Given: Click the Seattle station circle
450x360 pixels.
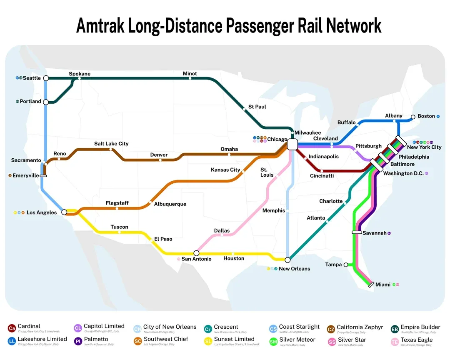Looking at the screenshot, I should (x=46, y=78).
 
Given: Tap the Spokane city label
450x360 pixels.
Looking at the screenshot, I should (x=80, y=74).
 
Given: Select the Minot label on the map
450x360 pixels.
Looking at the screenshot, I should (x=190, y=73).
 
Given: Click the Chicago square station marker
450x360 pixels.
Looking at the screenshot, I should (x=292, y=144).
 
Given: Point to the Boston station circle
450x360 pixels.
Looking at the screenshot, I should (x=413, y=117).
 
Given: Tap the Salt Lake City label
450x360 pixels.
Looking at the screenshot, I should (x=111, y=143).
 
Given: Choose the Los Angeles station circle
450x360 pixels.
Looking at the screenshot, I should (x=64, y=212).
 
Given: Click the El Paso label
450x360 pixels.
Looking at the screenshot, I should (x=163, y=239).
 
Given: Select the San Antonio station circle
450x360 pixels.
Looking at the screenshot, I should (x=197, y=253).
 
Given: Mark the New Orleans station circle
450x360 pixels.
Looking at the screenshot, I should (x=287, y=260).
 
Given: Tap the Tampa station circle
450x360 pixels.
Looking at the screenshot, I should (x=346, y=265).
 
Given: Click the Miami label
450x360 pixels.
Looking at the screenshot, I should (x=383, y=285).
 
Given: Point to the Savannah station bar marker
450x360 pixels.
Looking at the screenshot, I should (x=357, y=232).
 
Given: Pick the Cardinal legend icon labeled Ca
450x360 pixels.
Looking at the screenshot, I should (x=12, y=328).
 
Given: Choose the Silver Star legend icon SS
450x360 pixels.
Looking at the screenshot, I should (x=332, y=342).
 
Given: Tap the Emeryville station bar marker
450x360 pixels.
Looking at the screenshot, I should (x=43, y=176).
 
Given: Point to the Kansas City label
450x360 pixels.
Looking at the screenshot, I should (x=225, y=170).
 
